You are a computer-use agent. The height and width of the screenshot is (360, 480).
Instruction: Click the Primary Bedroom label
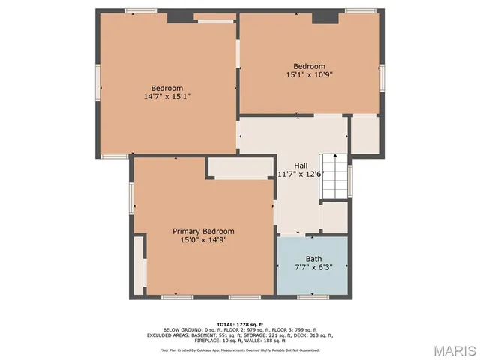tap(203, 231)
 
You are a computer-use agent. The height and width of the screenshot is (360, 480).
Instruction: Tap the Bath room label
tap(313, 259)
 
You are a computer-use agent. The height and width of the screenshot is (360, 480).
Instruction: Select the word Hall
tap(300, 166)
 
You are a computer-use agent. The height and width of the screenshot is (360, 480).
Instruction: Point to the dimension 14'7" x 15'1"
tap(167, 96)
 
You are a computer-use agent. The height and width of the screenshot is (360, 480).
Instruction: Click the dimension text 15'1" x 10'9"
tap(309, 75)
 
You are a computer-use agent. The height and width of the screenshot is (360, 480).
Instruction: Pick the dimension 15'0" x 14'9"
tap(203, 240)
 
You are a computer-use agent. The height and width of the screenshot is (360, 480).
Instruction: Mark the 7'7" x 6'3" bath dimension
tap(313, 267)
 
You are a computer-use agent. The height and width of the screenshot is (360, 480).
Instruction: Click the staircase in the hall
tap(334, 177)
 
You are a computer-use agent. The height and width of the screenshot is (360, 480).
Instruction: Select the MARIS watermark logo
tap(452, 350)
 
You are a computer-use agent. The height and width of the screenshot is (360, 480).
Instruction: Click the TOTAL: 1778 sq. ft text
tap(240, 323)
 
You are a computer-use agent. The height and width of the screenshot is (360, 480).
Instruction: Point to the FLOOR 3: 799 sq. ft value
tap(295, 329)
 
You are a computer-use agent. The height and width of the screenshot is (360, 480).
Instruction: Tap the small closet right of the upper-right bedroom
tap(365, 135)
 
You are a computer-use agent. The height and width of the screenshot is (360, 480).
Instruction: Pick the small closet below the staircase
tap(334, 217)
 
